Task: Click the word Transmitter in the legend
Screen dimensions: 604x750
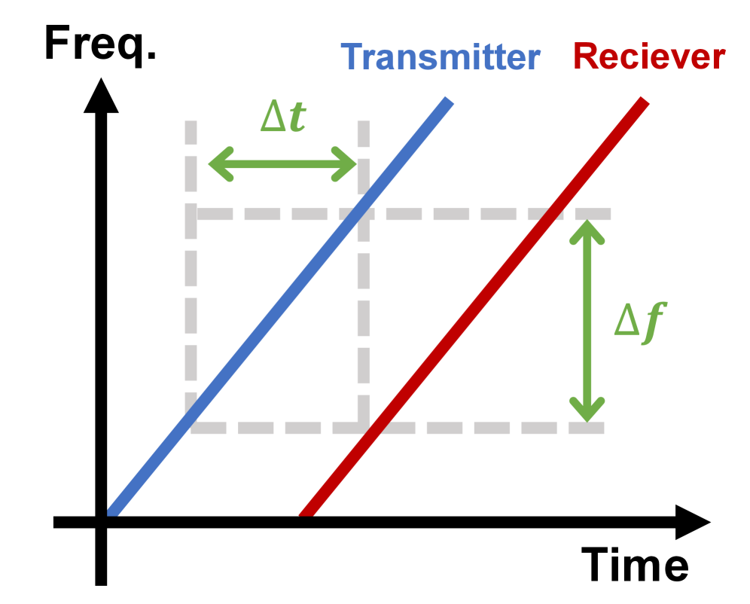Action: point(441,57)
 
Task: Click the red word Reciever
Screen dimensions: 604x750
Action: point(649,56)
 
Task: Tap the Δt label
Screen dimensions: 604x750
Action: point(283,118)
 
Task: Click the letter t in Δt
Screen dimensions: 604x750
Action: point(297,118)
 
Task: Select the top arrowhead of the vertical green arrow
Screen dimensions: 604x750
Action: point(587,227)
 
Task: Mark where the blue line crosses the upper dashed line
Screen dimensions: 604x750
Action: point(359,215)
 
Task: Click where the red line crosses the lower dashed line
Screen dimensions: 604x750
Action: point(374,428)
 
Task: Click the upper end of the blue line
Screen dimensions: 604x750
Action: point(450,100)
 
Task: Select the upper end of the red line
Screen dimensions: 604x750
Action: point(644,100)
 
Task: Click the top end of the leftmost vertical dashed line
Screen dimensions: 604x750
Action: point(191,123)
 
